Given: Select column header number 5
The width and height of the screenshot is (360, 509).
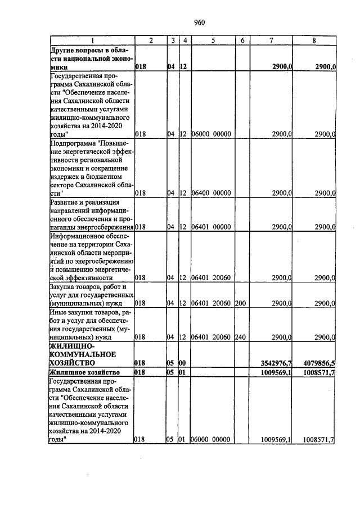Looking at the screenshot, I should click(x=213, y=41).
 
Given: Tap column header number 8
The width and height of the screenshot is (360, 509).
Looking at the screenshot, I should click(x=313, y=41).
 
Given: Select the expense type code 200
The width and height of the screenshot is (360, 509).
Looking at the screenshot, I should click(x=241, y=303).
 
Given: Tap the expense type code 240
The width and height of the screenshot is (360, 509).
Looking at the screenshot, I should click(x=241, y=337).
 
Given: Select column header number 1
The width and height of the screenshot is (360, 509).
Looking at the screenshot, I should click(x=92, y=41).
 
